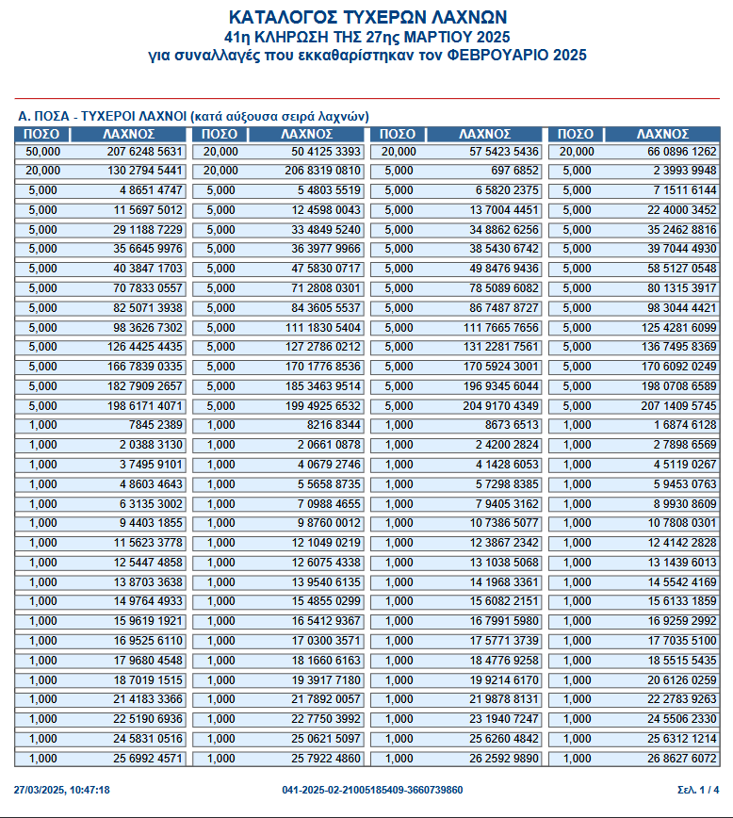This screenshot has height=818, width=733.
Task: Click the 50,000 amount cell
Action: coord(43,152)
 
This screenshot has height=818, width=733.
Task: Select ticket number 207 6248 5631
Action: coord(144,152)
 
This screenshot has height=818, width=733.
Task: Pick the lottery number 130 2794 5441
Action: coord(144,171)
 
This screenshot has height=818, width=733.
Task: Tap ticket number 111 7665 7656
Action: coord(501,328)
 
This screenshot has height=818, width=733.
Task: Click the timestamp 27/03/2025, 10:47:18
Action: coord(62,790)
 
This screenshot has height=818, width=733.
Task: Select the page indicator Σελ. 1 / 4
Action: coord(698,790)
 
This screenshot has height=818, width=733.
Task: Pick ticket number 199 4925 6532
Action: coord(322,407)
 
